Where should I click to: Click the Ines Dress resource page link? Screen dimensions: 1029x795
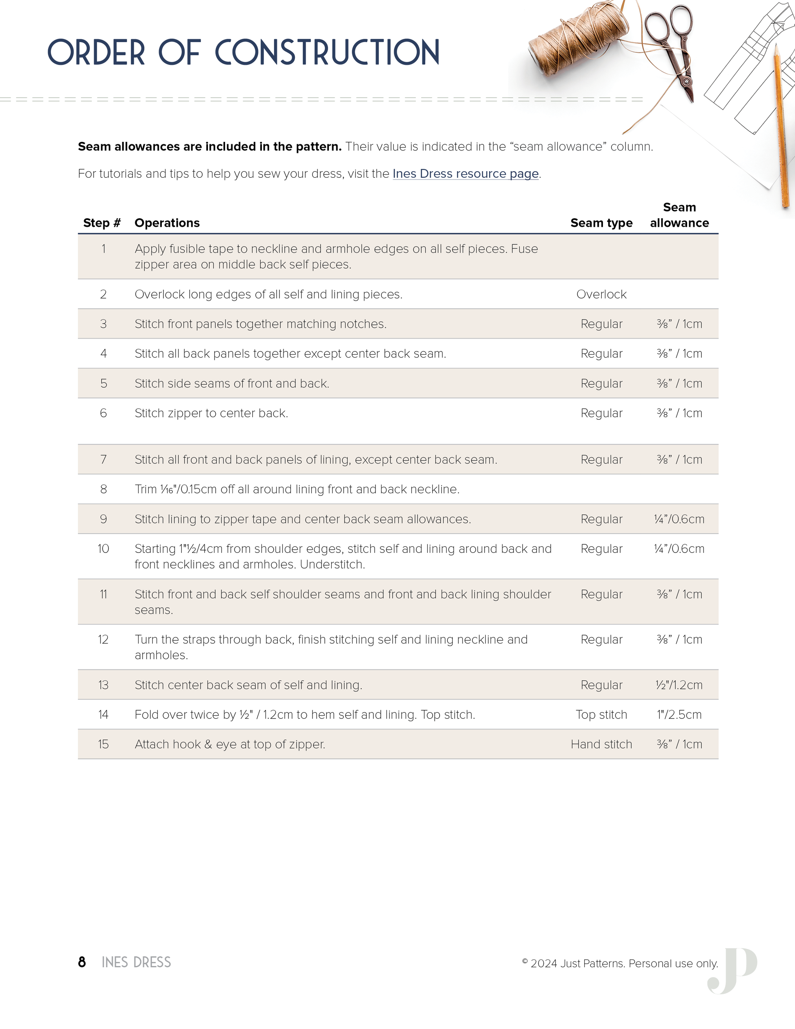465,174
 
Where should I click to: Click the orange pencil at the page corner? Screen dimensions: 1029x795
780,127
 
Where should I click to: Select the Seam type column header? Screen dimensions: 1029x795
601,223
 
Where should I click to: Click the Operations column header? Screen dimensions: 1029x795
167,223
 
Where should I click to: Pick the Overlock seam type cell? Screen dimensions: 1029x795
601,295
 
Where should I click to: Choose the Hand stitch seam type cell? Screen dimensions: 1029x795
601,745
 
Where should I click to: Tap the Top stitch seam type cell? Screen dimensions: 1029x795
601,715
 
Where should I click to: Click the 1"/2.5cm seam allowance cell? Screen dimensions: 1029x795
679,715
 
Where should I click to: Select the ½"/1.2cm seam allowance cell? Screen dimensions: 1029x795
679,685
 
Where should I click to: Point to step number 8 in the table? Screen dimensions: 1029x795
104,490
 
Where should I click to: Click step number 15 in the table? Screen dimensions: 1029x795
104,745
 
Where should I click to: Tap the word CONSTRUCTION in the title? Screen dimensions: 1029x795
327,52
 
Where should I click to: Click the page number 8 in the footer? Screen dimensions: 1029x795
82,962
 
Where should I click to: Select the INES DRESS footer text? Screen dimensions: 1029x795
136,962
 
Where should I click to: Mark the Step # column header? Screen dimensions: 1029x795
102,223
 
